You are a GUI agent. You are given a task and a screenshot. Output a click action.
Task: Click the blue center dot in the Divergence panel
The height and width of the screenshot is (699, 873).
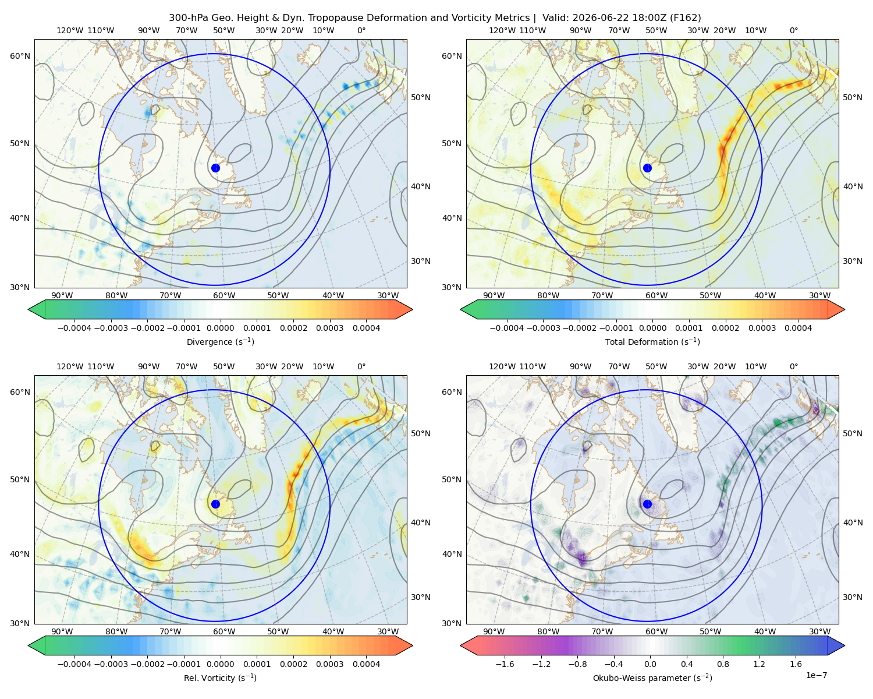215,168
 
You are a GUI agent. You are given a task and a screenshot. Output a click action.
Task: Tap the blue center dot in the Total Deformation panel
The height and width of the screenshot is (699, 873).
647,168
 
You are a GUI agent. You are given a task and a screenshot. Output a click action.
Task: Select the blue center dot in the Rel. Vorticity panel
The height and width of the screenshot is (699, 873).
215,504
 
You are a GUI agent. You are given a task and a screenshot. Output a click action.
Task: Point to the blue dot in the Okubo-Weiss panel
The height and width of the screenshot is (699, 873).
647,504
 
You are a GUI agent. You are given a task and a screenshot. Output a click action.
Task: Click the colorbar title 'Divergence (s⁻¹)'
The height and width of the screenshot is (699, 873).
220,341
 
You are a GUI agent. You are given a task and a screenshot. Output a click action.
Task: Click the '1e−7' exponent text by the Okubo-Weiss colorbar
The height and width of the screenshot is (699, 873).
816,675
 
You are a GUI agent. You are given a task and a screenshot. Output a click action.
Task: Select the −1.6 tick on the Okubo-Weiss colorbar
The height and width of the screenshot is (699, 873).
505,664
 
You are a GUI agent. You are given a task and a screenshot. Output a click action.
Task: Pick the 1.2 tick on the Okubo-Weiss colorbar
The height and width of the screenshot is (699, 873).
760,664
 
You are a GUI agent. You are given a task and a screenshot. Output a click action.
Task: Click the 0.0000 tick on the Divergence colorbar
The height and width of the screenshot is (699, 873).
220,328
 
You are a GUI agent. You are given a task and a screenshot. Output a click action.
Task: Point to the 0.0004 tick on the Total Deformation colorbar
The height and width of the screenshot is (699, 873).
799,328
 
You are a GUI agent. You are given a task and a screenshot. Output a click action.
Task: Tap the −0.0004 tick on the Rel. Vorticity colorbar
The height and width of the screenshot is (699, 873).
74,664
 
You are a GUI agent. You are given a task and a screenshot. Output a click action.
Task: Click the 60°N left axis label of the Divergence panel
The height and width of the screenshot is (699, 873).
20,56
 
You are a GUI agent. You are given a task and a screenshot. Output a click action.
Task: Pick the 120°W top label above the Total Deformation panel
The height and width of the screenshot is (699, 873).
502,30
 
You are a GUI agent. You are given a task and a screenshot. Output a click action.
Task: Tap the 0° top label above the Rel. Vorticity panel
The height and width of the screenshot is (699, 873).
361,366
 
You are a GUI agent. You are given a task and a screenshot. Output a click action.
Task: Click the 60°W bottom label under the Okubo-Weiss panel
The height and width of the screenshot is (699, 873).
656,631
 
